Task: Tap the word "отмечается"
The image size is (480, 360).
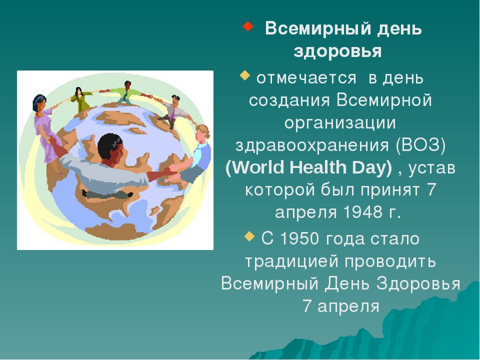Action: click(x=306, y=78)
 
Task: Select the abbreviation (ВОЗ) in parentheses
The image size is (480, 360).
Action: click(x=420, y=145)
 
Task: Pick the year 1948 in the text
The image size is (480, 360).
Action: click(x=363, y=211)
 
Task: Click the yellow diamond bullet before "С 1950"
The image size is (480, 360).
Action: click(x=250, y=236)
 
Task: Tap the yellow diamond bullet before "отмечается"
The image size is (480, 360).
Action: click(x=245, y=75)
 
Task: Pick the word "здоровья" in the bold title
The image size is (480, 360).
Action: click(x=337, y=51)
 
